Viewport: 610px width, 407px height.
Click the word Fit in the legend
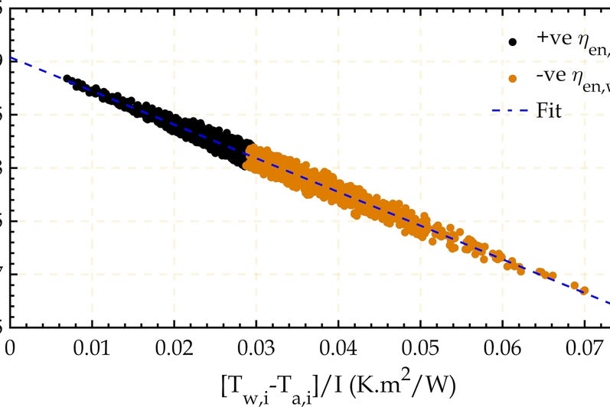550,111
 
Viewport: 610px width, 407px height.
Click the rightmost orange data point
585,291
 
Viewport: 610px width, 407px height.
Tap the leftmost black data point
67,79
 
